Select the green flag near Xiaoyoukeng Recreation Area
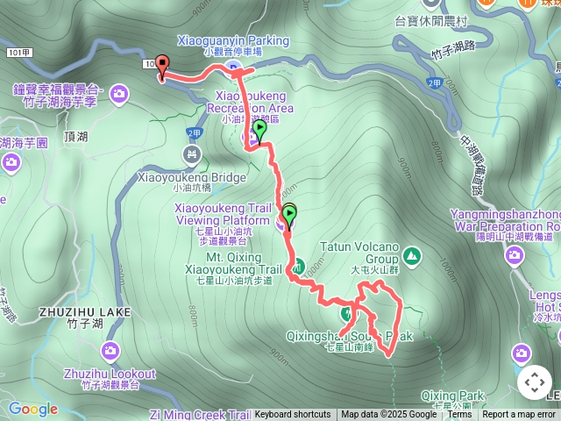tap(259, 131)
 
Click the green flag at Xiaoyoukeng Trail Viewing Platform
tap(290, 214)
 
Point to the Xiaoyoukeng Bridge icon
tap(192, 154)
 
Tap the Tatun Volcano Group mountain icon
tap(411, 256)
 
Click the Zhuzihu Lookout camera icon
tap(110, 351)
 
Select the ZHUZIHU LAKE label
tap(84, 311)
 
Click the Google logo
tap(33, 409)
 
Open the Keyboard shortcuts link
tap(293, 415)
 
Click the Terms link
tap(459, 415)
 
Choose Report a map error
tap(521, 415)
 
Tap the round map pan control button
tap(535, 382)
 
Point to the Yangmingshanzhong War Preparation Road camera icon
tap(515, 253)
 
